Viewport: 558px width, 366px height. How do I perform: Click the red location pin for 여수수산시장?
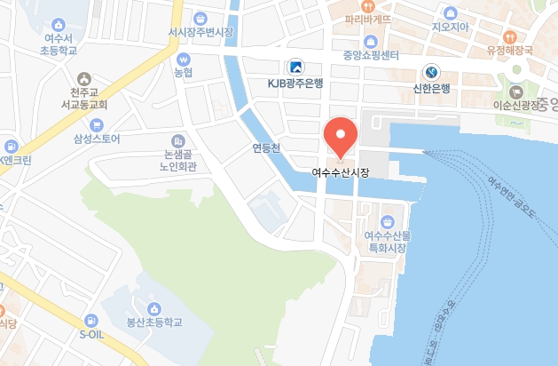340,134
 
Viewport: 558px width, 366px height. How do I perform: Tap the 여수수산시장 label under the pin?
340,171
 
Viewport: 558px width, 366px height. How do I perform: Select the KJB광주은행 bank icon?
295,67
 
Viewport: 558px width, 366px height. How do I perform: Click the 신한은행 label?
432,88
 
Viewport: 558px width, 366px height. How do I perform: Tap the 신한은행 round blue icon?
432,71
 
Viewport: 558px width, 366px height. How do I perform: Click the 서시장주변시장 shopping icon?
200,17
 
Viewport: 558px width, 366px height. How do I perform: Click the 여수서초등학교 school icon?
59,25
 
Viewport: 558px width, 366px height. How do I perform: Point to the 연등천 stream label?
265,148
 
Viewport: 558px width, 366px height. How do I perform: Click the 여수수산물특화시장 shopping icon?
387,220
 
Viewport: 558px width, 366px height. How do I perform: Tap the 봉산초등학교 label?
153,323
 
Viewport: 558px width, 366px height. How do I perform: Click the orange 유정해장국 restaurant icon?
508,37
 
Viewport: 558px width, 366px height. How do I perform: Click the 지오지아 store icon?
449,12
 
